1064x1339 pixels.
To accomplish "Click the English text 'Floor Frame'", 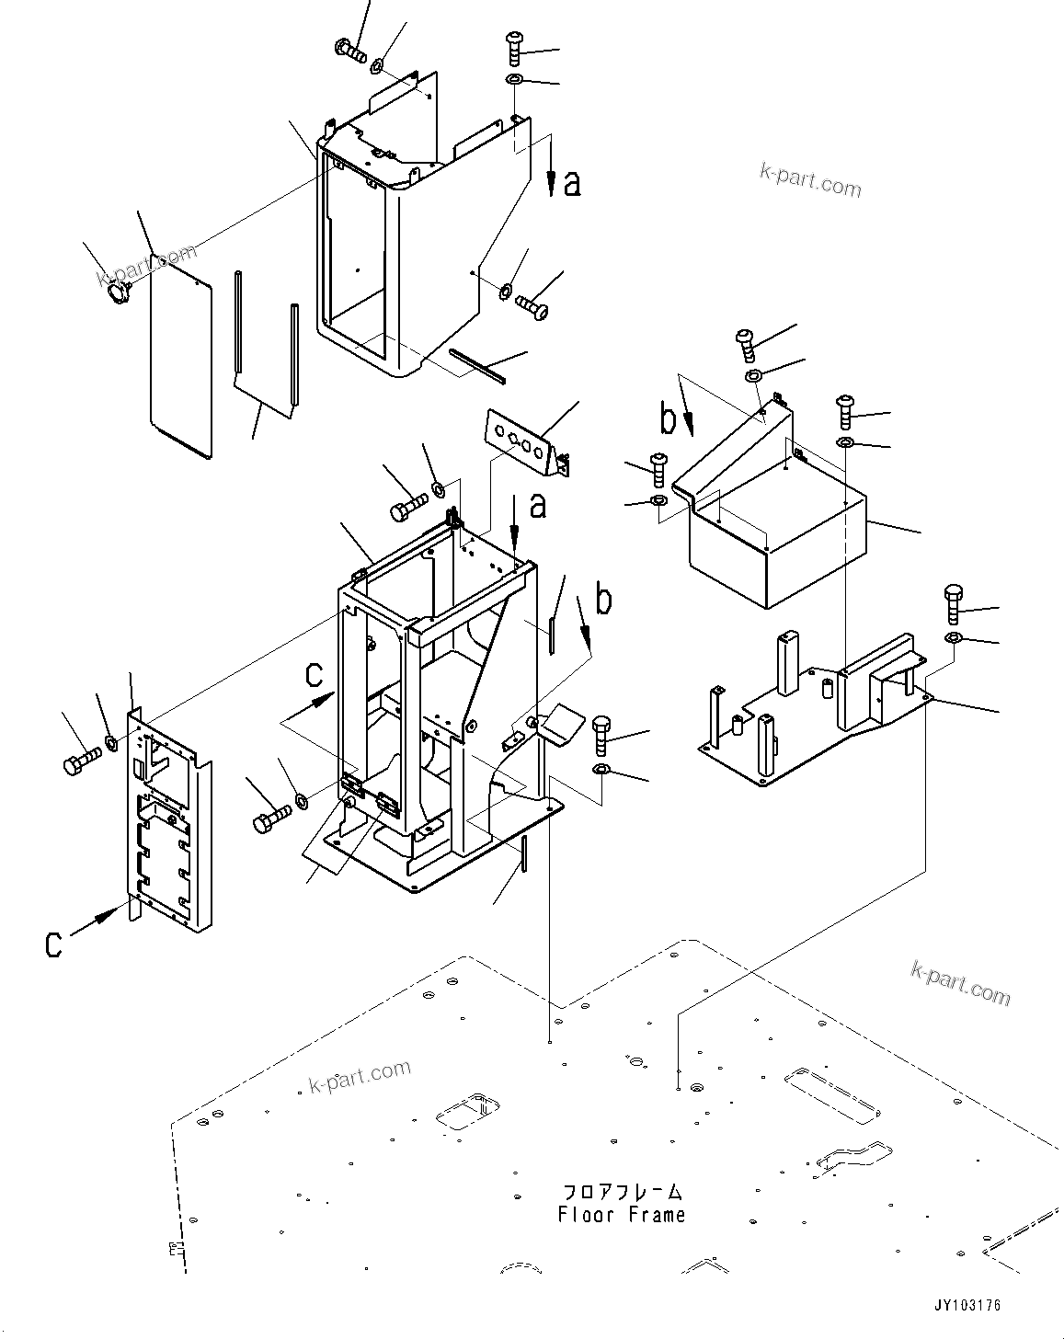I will click(x=622, y=1215).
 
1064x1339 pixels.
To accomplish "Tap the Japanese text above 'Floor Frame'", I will click(x=622, y=1192).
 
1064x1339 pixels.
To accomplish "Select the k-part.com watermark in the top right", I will click(x=810, y=180).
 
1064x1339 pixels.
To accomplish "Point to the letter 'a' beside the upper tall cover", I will click(x=572, y=185).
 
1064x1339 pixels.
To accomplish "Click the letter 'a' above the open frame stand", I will click(x=538, y=505).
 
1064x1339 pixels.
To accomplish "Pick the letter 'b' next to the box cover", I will click(x=669, y=418).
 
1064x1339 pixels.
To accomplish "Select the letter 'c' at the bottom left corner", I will click(x=54, y=944).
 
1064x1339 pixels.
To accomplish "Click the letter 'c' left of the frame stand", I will click(x=314, y=675).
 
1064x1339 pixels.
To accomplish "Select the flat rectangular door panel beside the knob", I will click(x=181, y=359).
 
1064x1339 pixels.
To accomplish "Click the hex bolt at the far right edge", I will click(x=953, y=602).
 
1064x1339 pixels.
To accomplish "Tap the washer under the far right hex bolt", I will click(x=953, y=638).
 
